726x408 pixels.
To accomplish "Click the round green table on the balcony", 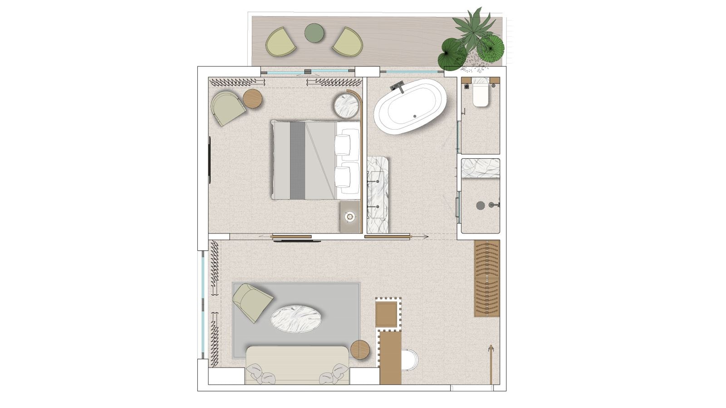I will tap(314, 33).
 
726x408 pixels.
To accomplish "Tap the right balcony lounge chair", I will tap(348, 41).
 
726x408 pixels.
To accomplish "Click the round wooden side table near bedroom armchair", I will tap(252, 99).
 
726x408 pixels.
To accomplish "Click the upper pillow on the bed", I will tap(347, 141).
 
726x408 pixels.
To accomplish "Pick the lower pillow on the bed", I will tap(347, 177).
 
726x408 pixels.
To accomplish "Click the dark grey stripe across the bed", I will tap(297, 160).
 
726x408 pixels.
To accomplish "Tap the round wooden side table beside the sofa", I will tap(361, 350).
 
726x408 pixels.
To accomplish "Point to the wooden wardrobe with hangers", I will tap(487, 278).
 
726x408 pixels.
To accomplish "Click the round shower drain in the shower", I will tap(480, 205).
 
